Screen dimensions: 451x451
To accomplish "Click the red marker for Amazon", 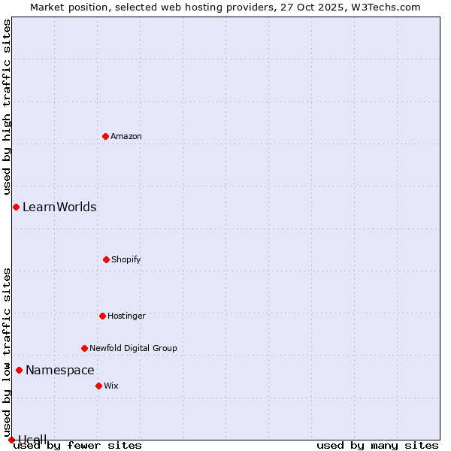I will (105, 136).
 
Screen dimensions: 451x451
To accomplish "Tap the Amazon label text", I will (126, 136).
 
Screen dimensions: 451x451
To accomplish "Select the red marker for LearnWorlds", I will (16, 207).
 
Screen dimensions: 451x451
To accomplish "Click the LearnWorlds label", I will (59, 207).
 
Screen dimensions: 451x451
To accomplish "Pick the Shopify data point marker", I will (106, 259).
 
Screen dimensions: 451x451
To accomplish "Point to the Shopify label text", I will (126, 259).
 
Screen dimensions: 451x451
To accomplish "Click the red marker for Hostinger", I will (102, 316).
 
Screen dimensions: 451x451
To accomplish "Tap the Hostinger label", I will (126, 316).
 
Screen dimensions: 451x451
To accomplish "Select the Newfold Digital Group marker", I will (84, 348).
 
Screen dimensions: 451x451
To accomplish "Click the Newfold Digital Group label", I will (133, 348).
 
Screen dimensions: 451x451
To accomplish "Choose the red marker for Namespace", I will (19, 370).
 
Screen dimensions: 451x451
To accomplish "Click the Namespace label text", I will (60, 370).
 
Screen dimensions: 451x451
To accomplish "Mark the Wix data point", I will (98, 386).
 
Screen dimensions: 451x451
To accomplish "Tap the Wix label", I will (111, 386).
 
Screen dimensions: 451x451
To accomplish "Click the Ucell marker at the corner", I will (11, 440).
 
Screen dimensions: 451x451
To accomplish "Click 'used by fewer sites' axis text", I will (77, 446).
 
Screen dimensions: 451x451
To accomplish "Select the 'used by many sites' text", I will (377, 446).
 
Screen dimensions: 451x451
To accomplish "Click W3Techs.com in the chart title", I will (384, 7).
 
